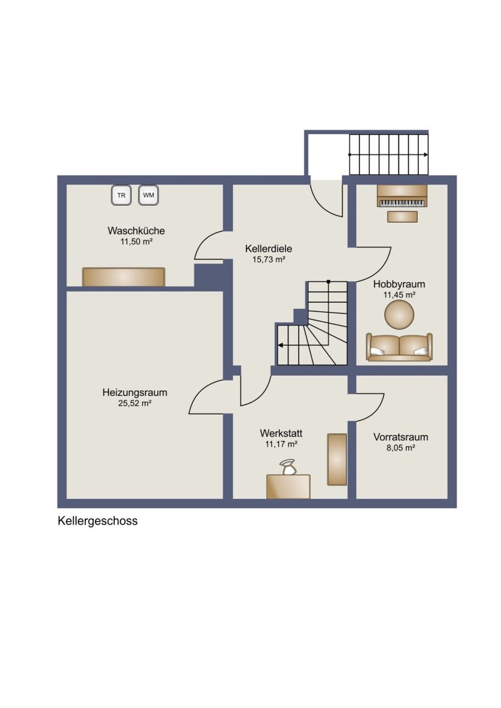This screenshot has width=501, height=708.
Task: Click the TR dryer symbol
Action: pos(121,195)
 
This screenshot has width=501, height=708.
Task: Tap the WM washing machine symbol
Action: pos(148,195)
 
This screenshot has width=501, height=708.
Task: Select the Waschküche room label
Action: pos(136,231)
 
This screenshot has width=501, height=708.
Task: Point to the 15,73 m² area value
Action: pos(269,260)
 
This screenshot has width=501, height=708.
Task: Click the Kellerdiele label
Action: pos(269,248)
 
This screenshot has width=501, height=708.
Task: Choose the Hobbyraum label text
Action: pos(399,284)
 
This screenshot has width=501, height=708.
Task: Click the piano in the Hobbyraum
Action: pos(402,196)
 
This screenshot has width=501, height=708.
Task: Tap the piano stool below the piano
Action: pos(402,217)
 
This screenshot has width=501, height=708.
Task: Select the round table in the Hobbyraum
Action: pos(399,315)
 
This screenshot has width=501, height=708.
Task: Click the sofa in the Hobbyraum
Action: pos(399,347)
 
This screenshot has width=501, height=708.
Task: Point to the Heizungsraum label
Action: pos(135,392)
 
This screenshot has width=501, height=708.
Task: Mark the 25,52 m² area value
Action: pos(135,403)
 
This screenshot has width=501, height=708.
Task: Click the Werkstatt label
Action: pos(281,433)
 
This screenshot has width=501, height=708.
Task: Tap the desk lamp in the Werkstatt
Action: pos(288,467)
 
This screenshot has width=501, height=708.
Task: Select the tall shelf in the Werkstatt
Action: pos(337,460)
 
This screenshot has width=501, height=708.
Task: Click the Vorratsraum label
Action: pos(401,437)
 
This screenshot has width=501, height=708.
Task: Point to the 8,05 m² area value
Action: pos(401,448)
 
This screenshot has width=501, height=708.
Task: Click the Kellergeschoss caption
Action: pos(97,521)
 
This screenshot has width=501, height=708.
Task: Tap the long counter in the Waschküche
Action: pos(123,277)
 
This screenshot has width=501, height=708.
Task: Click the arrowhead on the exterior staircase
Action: pos(426,154)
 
